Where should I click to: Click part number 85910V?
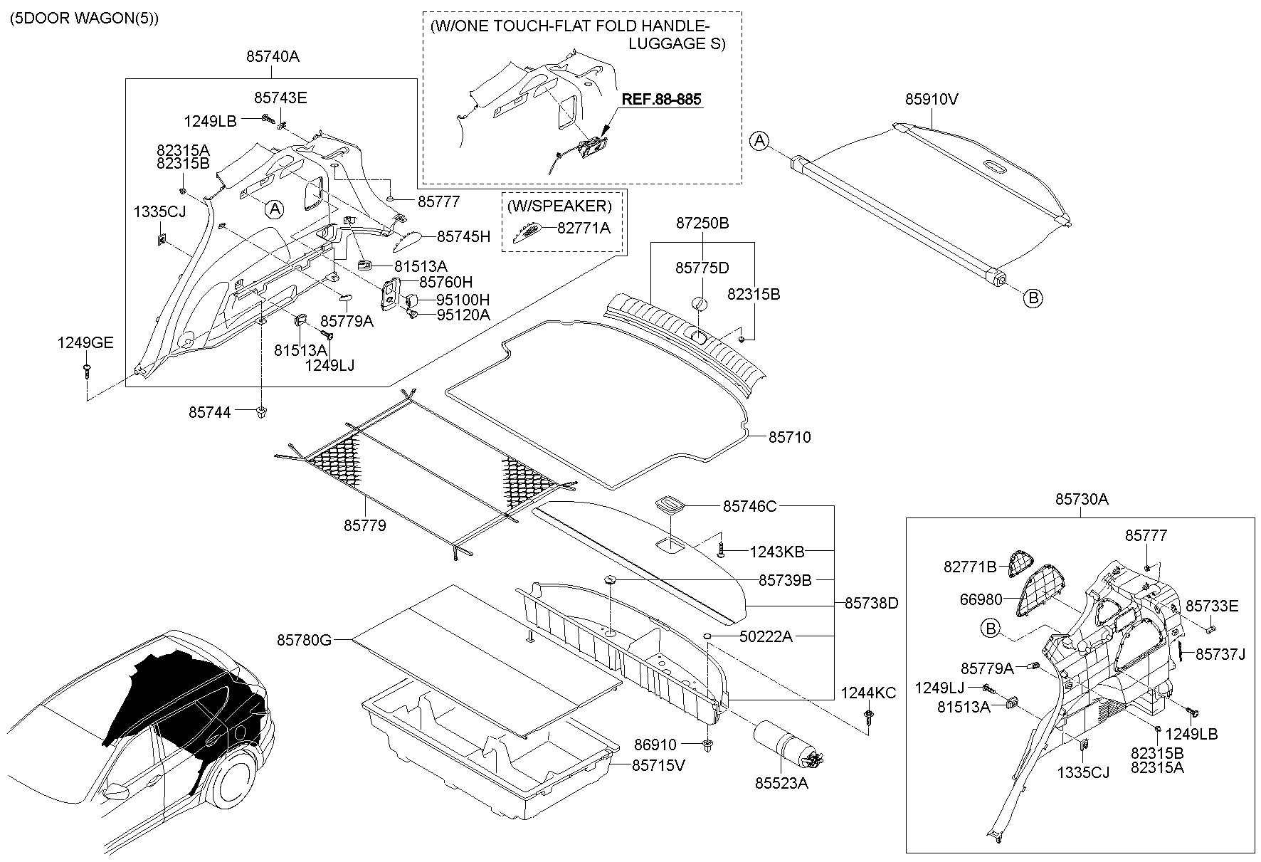tap(932, 100)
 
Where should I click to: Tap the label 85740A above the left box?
tap(273, 57)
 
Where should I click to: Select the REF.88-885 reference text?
tap(662, 99)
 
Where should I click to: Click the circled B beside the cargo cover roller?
tap(1033, 298)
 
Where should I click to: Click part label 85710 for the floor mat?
tap(789, 437)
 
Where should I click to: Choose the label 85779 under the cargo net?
tap(365, 525)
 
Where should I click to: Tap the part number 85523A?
tap(782, 783)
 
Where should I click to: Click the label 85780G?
tap(305, 640)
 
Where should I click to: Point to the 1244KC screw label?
tap(868, 693)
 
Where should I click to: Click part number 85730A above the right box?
tap(1082, 500)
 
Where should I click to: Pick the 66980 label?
tap(981, 600)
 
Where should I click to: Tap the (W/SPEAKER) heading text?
tap(559, 206)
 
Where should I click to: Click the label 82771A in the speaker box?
tap(584, 228)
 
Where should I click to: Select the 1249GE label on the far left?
tap(85, 343)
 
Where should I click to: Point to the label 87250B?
tap(702, 223)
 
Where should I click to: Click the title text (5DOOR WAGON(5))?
tap(84, 19)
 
